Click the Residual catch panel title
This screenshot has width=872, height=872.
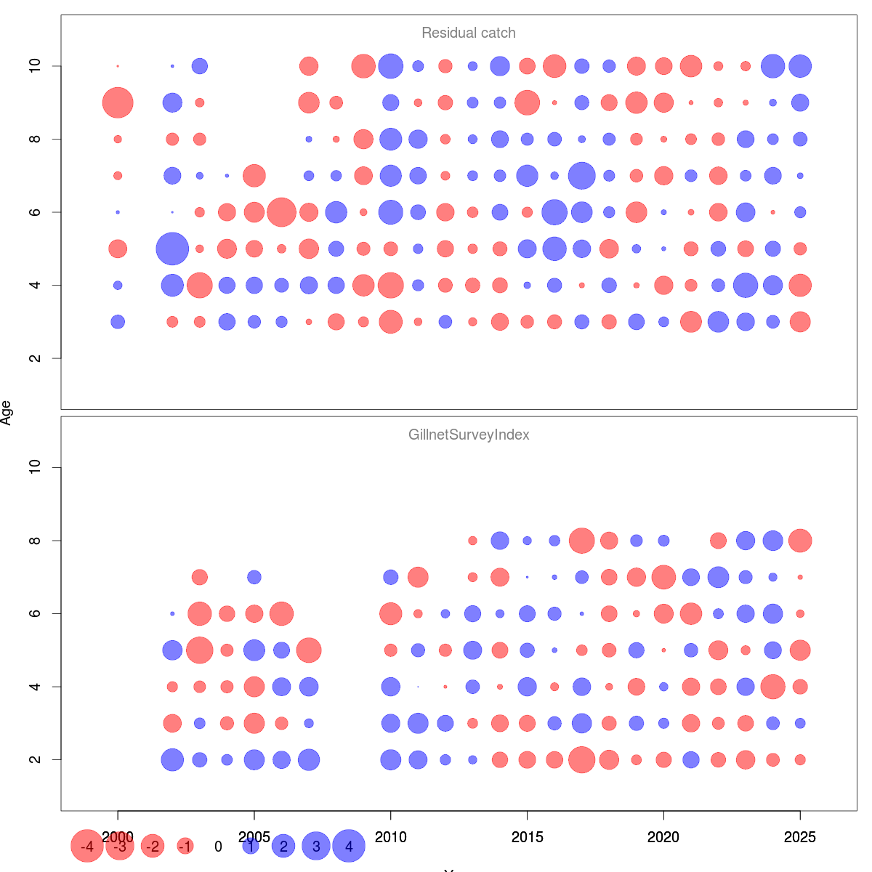click(x=469, y=33)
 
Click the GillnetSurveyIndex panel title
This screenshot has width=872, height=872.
click(x=469, y=435)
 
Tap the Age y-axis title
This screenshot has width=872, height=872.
click(x=7, y=413)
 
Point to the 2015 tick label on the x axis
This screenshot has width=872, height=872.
click(x=527, y=838)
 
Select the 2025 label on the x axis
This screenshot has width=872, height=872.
click(x=799, y=838)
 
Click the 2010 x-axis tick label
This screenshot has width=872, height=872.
click(x=391, y=838)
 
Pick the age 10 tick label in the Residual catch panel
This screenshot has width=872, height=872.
click(x=35, y=66)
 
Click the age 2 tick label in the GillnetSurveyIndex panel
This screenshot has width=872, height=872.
click(x=35, y=759)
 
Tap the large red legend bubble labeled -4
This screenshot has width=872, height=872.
click(x=87, y=847)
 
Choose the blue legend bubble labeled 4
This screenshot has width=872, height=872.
click(x=349, y=847)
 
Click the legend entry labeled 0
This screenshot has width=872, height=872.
click(x=218, y=847)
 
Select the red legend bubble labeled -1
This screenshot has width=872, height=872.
click(x=185, y=847)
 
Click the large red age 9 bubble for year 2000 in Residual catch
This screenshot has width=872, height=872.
click(x=118, y=102)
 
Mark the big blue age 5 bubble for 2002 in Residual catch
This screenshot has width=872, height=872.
click(x=172, y=249)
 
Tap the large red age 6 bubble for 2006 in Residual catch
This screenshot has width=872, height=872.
click(x=281, y=212)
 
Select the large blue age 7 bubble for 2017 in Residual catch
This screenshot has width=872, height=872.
click(x=581, y=175)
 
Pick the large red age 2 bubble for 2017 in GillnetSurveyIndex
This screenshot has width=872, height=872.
click(x=581, y=759)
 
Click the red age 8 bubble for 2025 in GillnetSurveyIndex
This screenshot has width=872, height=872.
click(x=799, y=541)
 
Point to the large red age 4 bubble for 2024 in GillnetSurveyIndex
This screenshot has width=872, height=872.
click(x=772, y=687)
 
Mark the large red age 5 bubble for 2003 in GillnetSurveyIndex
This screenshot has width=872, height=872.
click(x=200, y=650)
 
